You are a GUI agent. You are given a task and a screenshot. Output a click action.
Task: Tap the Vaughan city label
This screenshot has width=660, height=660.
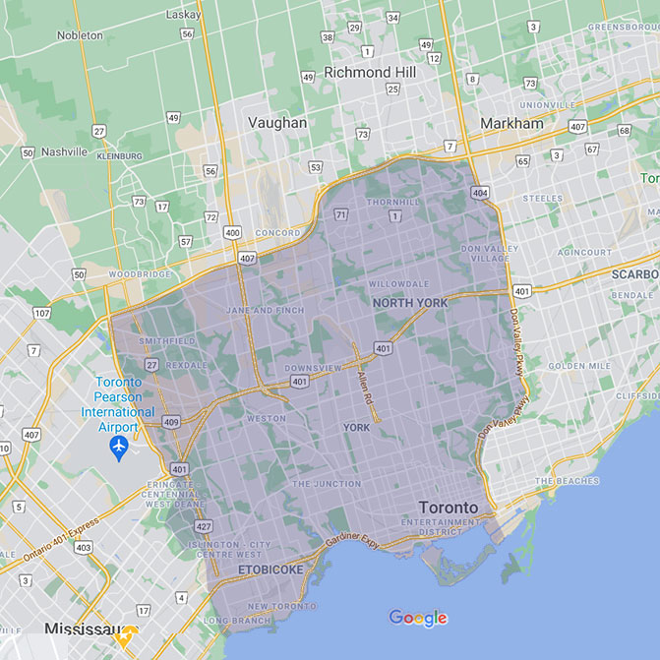277,123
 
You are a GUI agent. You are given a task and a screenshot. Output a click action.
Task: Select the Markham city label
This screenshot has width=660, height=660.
511,123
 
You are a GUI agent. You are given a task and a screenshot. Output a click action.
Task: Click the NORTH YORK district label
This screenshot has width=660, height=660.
410,303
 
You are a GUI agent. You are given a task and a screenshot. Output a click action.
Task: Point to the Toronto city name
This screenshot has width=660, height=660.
448,508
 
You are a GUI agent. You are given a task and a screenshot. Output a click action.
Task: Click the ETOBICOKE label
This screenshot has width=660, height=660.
270,570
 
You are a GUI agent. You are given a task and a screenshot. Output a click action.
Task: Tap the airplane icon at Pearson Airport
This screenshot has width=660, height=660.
120,449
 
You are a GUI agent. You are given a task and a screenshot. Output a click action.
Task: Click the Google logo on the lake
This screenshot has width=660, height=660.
418,618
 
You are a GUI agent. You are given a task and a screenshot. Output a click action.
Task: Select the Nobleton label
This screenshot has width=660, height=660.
81,35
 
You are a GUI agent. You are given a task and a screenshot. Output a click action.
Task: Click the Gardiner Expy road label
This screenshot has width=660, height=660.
352,542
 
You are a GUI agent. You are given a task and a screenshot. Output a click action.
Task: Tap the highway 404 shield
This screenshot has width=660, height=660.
479,193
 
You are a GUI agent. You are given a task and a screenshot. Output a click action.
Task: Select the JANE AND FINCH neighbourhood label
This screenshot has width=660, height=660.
265,311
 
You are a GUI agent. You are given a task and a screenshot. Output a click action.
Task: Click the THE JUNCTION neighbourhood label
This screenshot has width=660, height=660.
328,484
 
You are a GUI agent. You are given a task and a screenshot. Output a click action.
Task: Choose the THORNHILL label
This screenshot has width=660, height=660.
392,202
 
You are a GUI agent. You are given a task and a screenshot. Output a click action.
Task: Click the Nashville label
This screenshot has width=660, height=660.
64,152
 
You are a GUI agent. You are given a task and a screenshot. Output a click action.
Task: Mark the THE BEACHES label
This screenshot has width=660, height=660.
567,481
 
